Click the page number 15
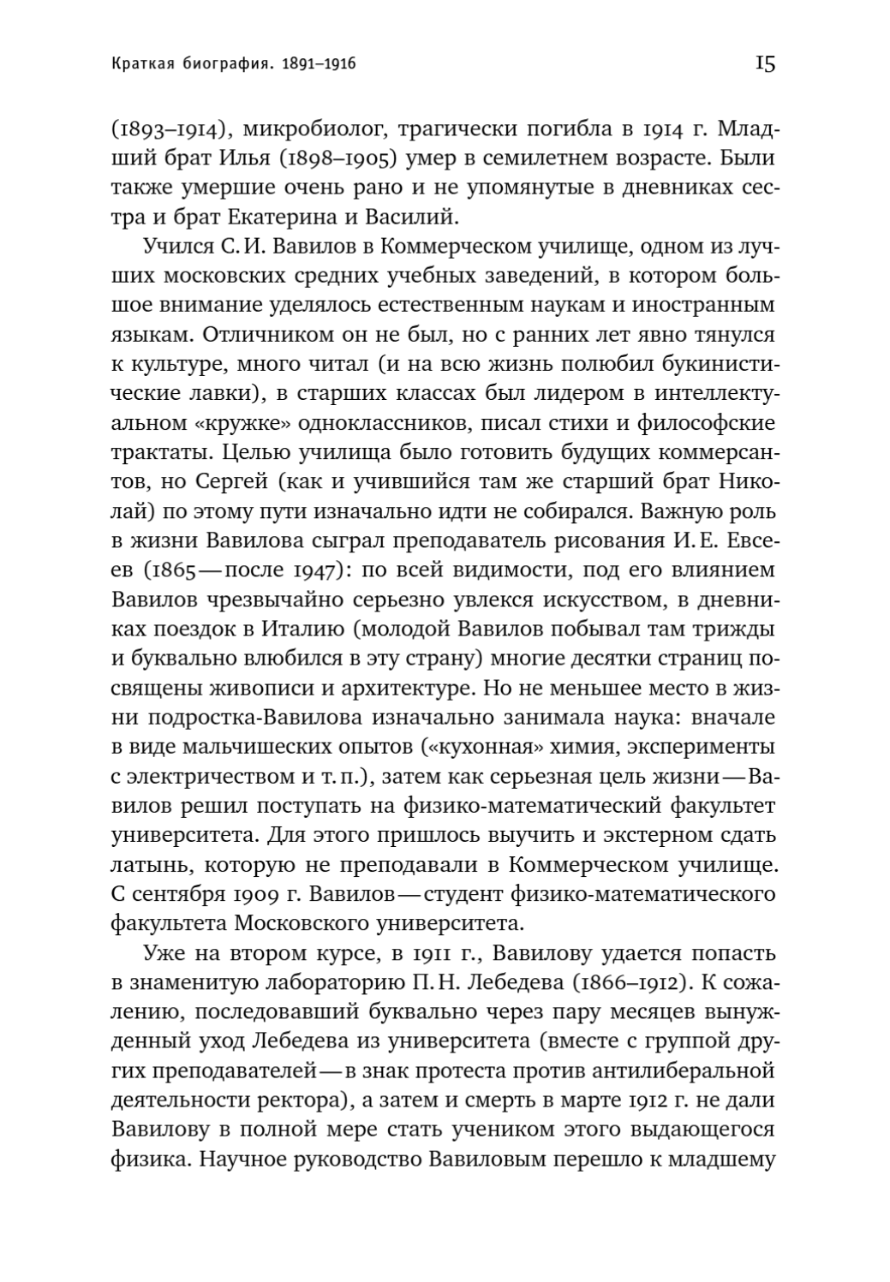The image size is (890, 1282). pos(764,63)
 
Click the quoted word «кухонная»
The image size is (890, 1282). pos(482,745)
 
